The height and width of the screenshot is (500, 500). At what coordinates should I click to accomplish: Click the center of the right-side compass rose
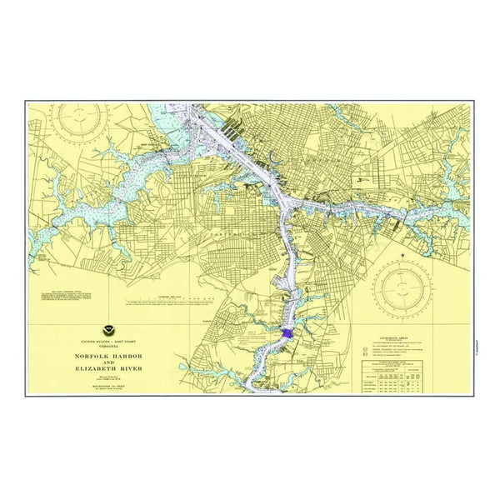(x=402, y=288)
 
